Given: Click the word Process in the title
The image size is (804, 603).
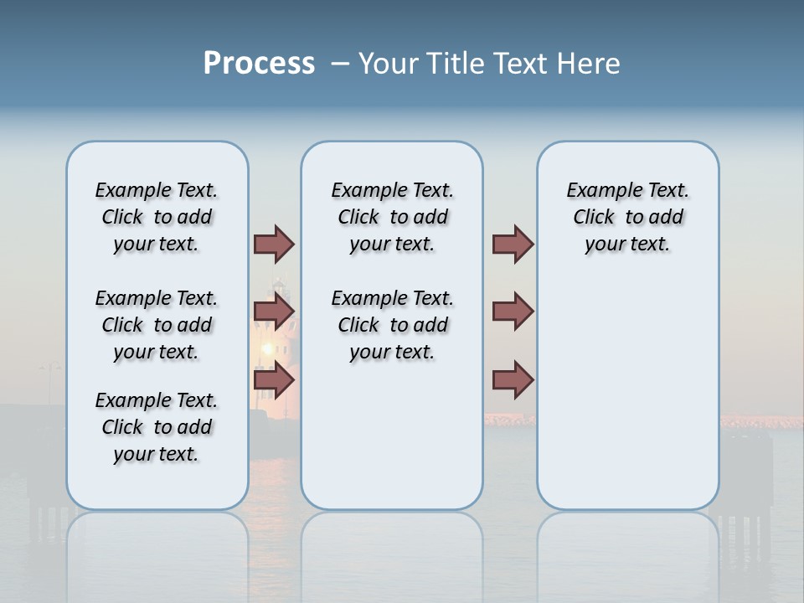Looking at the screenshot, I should click(x=259, y=64).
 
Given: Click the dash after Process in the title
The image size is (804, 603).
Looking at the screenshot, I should click(x=340, y=64).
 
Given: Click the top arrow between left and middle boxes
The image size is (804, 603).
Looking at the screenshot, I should click(x=274, y=244).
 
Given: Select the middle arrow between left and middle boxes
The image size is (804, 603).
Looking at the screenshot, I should click(x=274, y=312).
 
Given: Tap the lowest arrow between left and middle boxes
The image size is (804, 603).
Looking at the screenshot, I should click(x=274, y=380).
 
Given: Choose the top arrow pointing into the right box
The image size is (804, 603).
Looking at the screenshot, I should click(x=513, y=244).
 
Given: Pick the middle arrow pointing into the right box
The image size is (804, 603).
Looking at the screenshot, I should click(x=513, y=312).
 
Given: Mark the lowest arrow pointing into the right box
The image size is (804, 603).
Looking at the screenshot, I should click(x=513, y=380).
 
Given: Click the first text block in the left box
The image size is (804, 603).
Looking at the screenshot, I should click(x=157, y=217).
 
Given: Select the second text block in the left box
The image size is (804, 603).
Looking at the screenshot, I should click(x=157, y=325).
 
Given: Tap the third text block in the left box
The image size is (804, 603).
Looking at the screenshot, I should click(x=157, y=427).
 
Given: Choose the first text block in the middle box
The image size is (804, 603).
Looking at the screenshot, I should click(x=392, y=217).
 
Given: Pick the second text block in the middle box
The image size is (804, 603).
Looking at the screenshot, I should click(x=392, y=325).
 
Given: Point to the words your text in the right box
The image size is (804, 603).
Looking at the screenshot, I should click(x=627, y=245).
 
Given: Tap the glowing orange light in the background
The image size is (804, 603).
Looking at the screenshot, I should click(x=268, y=348).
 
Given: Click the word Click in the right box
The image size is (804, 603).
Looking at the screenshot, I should click(x=594, y=218).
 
